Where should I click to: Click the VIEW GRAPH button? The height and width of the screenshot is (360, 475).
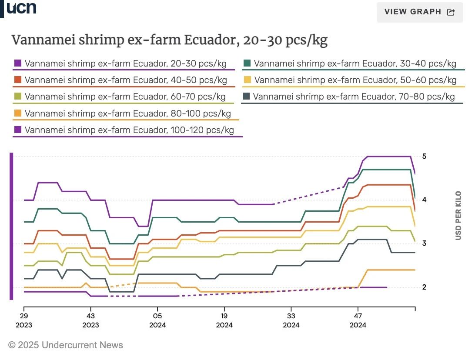coord(420,12)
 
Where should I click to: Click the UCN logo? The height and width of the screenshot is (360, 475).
coord(21,8)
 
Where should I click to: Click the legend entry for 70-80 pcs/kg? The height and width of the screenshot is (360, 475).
coord(354,96)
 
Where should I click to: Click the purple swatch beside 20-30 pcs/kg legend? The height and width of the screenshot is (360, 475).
coord(18,64)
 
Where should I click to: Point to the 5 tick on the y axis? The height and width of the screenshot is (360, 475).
coord(424,157)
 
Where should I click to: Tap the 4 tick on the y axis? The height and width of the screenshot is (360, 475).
coord(424,200)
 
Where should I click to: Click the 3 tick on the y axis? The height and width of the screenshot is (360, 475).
coord(424,243)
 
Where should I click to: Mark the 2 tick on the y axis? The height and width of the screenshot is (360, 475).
coord(424,287)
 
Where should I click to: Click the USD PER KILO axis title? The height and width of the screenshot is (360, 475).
coord(458,216)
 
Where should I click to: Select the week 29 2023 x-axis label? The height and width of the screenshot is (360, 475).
coord(24,320)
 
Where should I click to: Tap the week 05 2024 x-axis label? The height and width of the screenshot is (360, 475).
coord(157,320)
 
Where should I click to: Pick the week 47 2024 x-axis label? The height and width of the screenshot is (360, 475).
coord(358,320)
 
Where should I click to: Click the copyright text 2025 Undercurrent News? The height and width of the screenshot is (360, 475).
coord(66,345)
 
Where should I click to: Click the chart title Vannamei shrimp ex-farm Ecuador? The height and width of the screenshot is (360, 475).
coord(169,40)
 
